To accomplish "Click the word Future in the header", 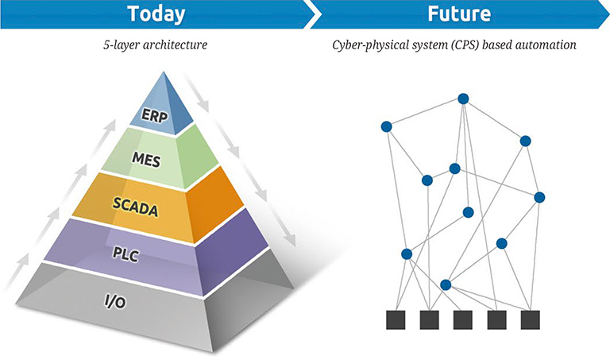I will tap(457, 14).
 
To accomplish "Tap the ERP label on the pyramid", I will tap(155, 114).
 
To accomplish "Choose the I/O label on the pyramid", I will tap(118, 304).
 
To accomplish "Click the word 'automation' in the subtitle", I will tap(547, 45).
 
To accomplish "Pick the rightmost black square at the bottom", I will tap(531, 319).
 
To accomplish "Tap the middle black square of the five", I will tap(463, 319).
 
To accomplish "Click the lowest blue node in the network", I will tap(446, 285).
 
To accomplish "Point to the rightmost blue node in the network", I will tap(540, 197).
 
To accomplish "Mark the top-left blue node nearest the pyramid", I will tap(387, 126).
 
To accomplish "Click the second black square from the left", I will tap(430, 319).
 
